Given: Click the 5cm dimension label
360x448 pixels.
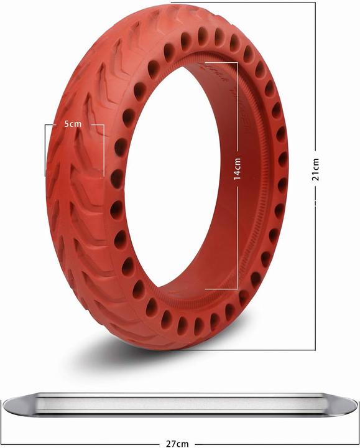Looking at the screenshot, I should pos(73,124).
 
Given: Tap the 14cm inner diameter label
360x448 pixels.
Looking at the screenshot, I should pos(238,169).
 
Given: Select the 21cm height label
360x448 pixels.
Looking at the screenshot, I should pos(316,169).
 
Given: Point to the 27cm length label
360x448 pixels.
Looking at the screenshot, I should pos(178,444).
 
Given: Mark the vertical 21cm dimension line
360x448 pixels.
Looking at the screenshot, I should pos(316,261).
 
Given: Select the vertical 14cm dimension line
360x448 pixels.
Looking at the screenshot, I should pos(238,236).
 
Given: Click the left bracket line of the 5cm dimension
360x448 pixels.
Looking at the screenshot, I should pos(45,149).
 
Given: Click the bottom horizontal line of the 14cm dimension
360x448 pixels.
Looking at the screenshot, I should pos(221,289).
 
